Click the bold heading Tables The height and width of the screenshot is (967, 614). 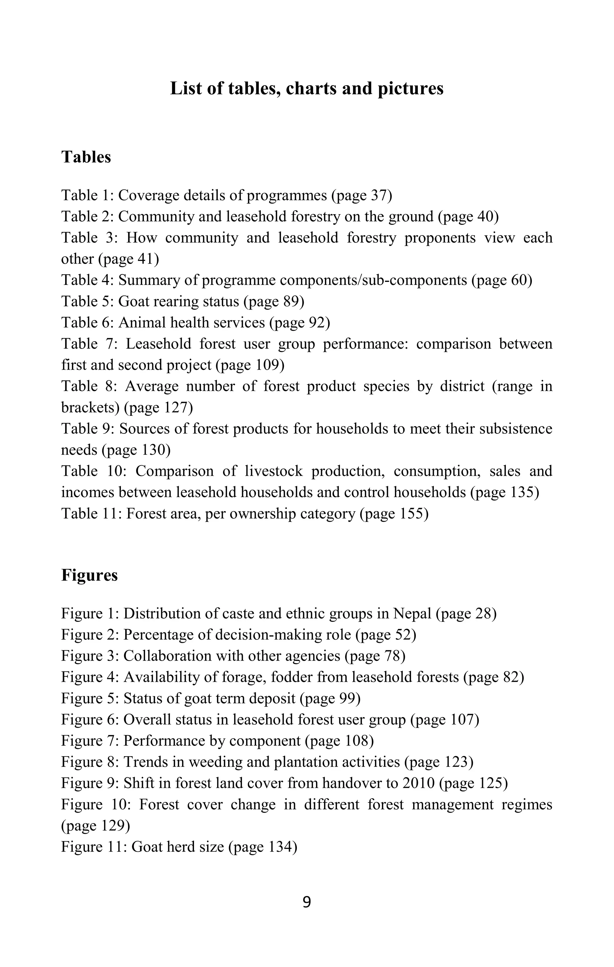(86, 157)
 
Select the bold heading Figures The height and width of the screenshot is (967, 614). (89, 575)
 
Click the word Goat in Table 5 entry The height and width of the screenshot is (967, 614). (133, 301)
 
